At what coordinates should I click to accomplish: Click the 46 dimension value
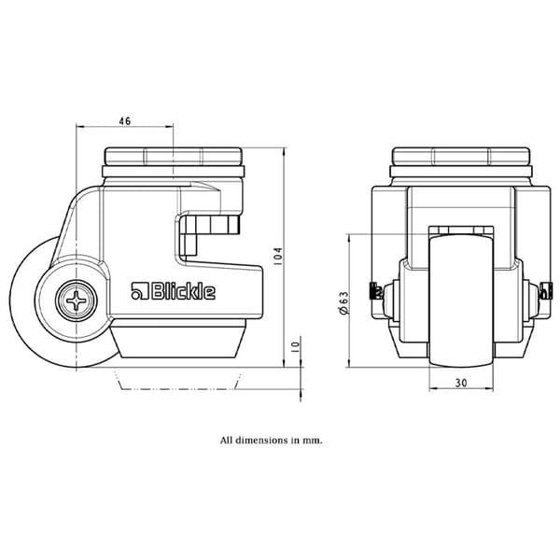point(125,121)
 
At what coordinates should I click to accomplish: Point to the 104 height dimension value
point(278,256)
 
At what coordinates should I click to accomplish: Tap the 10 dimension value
point(295,347)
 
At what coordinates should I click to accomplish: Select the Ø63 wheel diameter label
point(343,303)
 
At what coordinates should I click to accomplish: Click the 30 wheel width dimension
point(461,383)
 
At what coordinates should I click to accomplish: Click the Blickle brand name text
point(183,292)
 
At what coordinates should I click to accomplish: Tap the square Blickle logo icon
point(140,290)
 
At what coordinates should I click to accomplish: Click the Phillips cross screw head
point(77,301)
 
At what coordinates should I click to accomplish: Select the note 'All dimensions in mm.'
point(271,440)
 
